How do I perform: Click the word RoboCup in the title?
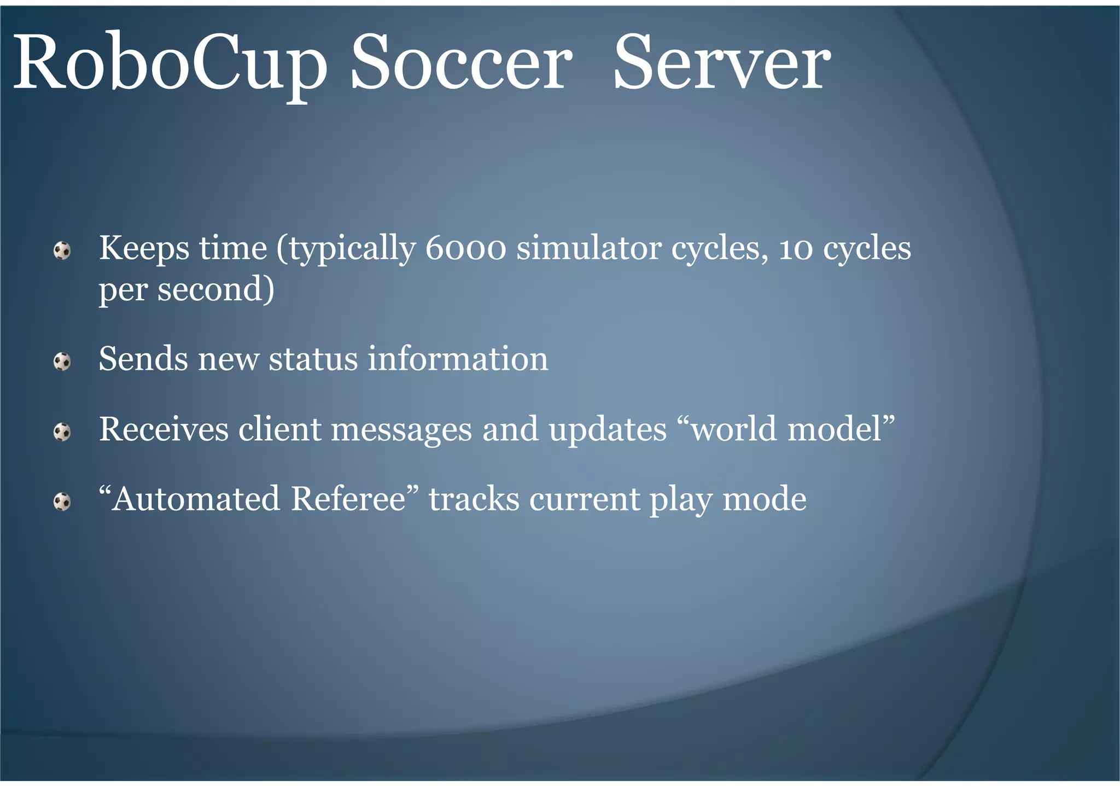click(x=170, y=63)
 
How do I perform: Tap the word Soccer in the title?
click(x=460, y=63)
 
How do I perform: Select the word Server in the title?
click(x=721, y=63)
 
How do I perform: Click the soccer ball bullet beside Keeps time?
click(x=62, y=251)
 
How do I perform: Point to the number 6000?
click(x=465, y=248)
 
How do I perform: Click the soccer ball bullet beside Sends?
click(x=62, y=362)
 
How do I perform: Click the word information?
click(x=457, y=359)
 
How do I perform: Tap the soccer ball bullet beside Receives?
click(x=62, y=432)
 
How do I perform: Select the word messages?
click(x=401, y=429)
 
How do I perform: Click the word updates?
click(x=608, y=429)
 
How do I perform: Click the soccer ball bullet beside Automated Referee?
click(x=62, y=502)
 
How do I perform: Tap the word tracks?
click(x=474, y=499)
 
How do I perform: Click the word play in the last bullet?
click(x=681, y=500)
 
